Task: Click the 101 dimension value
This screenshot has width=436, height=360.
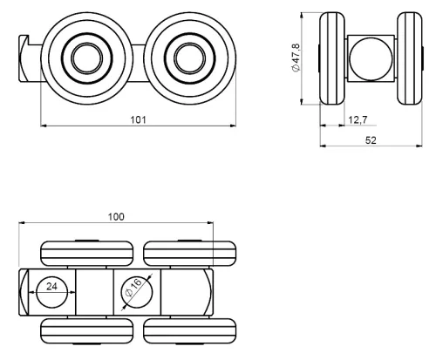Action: pyautogui.click(x=138, y=119)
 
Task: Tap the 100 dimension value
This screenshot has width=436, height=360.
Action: pyautogui.click(x=116, y=217)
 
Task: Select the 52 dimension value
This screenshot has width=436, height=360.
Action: pyautogui.click(x=371, y=140)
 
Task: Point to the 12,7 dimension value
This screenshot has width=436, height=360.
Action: pyautogui.click(x=358, y=119)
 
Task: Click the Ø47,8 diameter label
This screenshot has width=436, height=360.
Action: pyautogui.click(x=296, y=58)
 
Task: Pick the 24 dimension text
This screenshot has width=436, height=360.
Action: pyautogui.click(x=51, y=287)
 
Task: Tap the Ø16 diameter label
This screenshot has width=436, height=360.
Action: pyautogui.click(x=133, y=288)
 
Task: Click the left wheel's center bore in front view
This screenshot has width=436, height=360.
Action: pyautogui.click(x=87, y=58)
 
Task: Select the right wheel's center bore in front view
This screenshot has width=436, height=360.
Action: pyautogui.click(x=189, y=58)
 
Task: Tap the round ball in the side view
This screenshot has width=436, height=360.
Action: pyautogui.click(x=371, y=58)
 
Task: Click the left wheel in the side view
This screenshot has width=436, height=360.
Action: pyautogui.click(x=332, y=58)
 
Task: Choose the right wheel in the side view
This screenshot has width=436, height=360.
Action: pyautogui.click(x=410, y=58)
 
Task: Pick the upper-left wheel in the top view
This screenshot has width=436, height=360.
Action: pyautogui.click(x=87, y=254)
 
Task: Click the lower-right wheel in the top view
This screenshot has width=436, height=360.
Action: pyautogui.click(x=189, y=330)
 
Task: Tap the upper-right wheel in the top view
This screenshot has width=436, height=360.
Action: pyautogui.click(x=189, y=254)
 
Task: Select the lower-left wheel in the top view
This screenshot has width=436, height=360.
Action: pyautogui.click(x=87, y=330)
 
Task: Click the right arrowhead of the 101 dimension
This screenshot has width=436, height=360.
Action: pyautogui.click(x=233, y=126)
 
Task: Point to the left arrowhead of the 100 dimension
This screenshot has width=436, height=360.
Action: pyautogui.click(x=22, y=223)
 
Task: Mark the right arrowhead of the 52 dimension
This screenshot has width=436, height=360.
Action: pyautogui.click(x=419, y=146)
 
